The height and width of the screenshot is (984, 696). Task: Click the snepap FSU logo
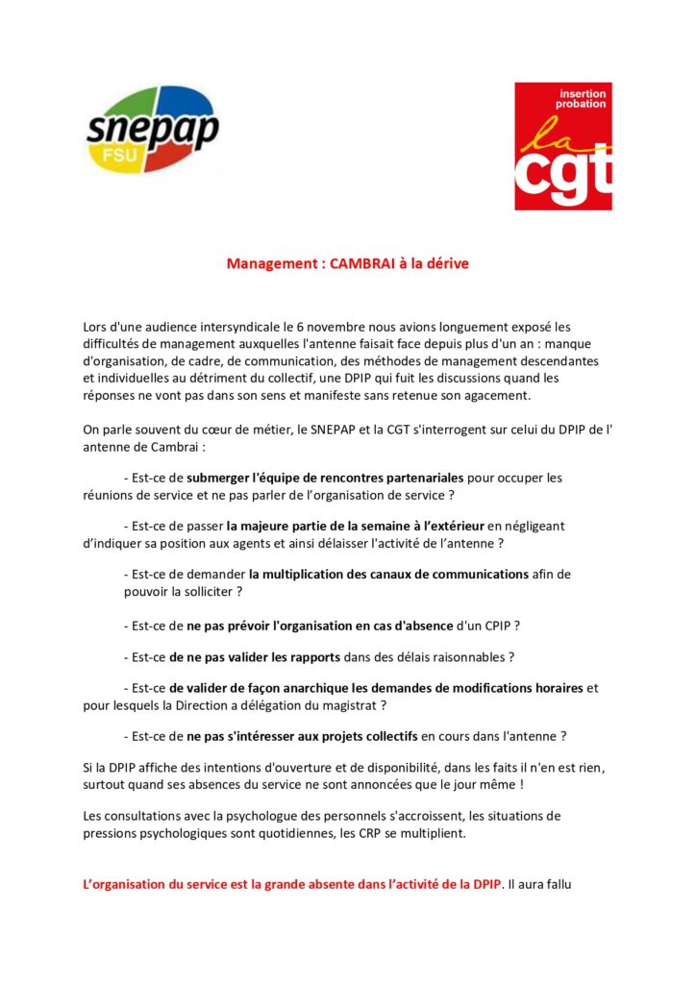tap(153, 130)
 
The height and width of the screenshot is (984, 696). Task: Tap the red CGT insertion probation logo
tap(562, 145)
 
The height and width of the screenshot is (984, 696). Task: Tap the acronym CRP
tap(357, 832)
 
